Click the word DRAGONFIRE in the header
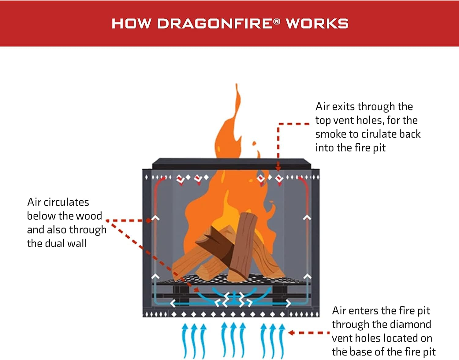click(215, 24)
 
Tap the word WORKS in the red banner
click(317, 24)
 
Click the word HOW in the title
click(131, 24)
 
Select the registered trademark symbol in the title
click(277, 21)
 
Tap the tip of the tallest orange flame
click(236, 85)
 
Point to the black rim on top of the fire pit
click(231, 164)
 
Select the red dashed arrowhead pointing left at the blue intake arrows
click(291, 333)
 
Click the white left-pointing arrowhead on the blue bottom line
click(173, 303)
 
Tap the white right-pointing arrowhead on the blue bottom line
click(288, 303)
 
